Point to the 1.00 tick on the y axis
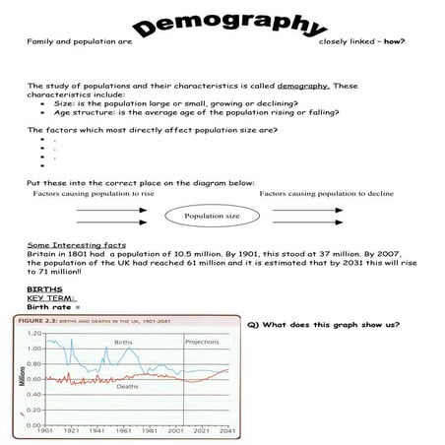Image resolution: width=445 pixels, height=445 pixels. pos(34,348)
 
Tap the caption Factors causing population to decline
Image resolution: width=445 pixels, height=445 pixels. pos(327,194)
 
